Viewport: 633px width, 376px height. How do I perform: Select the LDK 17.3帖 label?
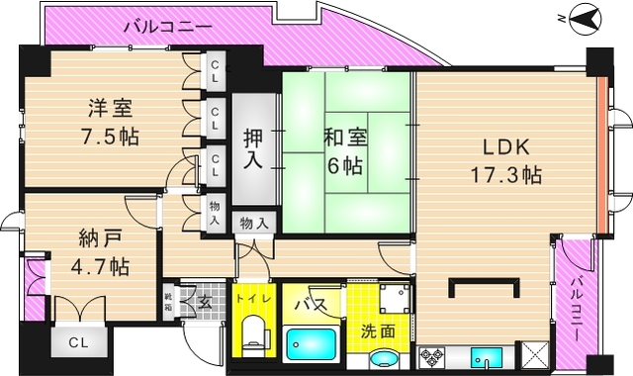point(503,161)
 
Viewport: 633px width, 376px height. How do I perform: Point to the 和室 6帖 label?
point(346,150)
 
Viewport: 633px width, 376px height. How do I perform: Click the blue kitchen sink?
point(486,357)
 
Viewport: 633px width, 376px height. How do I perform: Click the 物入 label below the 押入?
point(254,223)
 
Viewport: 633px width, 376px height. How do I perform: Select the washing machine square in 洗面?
point(395,298)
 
